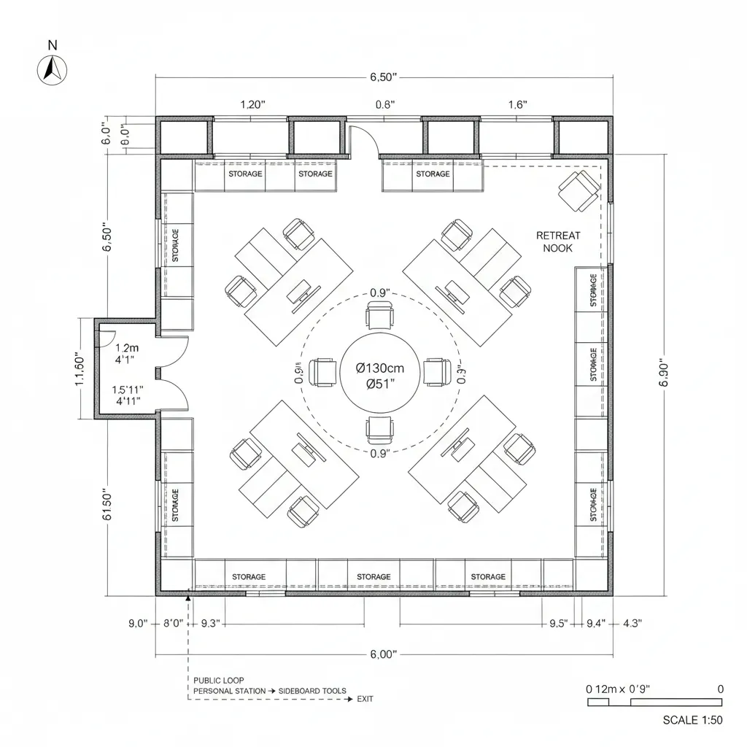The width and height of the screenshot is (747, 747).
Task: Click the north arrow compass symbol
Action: (51, 69)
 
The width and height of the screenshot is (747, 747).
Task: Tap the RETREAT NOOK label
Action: (558, 241)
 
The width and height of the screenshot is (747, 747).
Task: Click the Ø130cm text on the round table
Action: (379, 368)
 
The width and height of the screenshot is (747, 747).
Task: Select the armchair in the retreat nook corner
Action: (579, 191)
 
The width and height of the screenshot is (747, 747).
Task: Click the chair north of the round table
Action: (379, 318)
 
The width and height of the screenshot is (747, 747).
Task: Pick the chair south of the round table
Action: (379, 429)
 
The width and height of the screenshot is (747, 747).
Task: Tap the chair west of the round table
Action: (323, 372)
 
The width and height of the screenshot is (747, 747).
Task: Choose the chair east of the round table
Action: (436, 372)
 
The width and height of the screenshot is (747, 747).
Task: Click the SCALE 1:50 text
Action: (692, 720)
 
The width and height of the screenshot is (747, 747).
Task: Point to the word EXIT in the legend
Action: (365, 699)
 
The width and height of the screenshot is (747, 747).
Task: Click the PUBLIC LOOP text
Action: (219, 680)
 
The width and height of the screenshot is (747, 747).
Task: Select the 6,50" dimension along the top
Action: (383, 77)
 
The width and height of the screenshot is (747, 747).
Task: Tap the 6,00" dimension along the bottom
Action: (383, 654)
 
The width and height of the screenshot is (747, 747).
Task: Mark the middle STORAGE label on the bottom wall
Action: (373, 577)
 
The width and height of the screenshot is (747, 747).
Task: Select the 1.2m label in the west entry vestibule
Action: (126, 348)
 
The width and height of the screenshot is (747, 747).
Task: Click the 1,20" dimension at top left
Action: (252, 104)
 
